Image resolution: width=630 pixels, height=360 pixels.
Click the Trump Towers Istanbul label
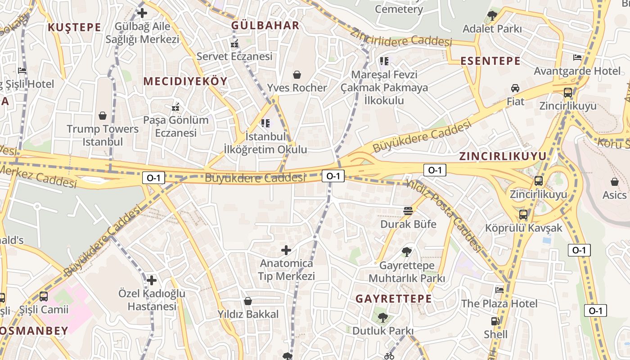(103, 135)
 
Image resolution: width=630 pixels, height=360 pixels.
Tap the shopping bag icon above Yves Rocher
(297, 74)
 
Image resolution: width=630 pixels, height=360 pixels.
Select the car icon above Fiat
(515, 88)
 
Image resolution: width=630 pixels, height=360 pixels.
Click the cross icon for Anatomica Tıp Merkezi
(286, 250)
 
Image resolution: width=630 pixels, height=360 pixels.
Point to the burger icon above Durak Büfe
(408, 211)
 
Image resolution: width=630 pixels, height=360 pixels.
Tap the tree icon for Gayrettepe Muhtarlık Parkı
(407, 252)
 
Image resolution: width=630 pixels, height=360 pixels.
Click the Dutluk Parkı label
(382, 331)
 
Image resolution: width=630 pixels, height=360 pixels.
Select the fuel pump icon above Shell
(495, 321)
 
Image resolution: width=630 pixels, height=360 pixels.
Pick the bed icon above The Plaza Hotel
(499, 290)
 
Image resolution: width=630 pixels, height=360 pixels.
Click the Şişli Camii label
(44, 310)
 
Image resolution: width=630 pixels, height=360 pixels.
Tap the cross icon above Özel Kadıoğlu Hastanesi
(152, 280)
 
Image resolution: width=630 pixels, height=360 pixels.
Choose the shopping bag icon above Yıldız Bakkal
(247, 301)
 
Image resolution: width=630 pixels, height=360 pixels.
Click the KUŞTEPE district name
(75, 27)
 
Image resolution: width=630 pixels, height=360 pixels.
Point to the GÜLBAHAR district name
(265, 25)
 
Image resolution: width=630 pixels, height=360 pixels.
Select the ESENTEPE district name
(490, 61)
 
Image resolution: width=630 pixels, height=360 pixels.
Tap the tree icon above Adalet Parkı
(492, 16)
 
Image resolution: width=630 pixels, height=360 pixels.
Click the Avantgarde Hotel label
(577, 71)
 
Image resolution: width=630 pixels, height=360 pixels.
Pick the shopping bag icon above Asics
(615, 182)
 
